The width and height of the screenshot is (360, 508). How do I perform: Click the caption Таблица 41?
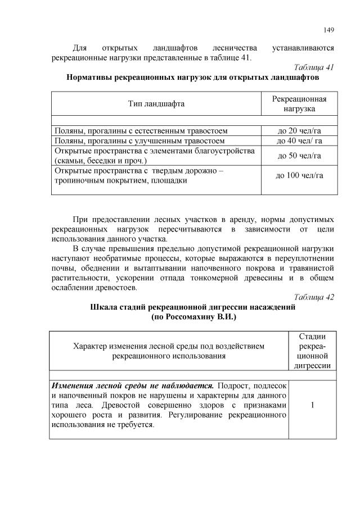point(314,67)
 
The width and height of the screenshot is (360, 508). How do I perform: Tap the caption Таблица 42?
point(314,297)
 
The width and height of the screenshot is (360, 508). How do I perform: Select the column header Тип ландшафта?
point(156,103)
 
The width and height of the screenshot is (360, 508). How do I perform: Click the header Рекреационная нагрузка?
point(299,103)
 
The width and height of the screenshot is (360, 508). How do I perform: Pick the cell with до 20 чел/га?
point(299,131)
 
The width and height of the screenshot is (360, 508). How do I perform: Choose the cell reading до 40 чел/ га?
point(299,141)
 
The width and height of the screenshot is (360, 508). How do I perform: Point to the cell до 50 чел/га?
point(299,156)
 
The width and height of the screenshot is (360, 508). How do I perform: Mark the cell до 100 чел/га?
point(299,175)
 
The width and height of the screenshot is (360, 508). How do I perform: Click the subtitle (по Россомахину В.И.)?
point(193,317)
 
